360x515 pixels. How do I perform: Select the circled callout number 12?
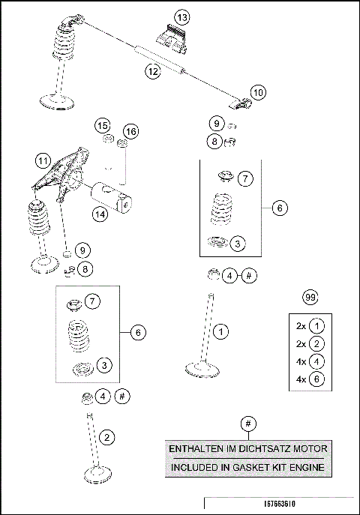coord(152,71)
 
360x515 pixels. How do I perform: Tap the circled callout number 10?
coord(257,93)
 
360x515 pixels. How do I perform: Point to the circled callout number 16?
coord(130,132)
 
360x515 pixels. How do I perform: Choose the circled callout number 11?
coord(43,160)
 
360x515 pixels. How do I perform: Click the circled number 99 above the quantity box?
coord(309,298)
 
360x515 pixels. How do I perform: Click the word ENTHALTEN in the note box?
coord(195,449)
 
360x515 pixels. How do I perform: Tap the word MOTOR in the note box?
coord(309,449)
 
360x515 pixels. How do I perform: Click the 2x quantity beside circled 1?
coord(301,326)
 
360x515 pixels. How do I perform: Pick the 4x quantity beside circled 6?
coord(301,379)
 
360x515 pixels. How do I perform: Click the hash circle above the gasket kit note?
coord(247,424)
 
